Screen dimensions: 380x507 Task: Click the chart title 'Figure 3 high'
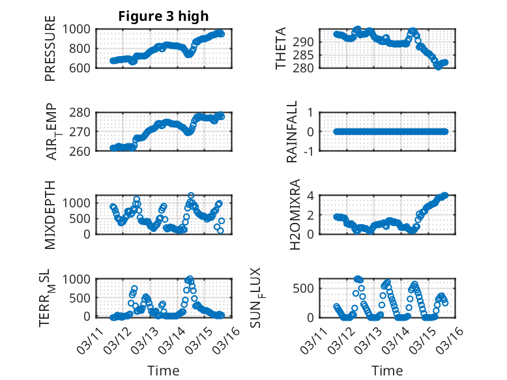coord(163,16)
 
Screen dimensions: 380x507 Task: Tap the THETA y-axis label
coord(281,49)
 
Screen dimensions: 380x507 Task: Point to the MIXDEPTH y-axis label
coord(51,215)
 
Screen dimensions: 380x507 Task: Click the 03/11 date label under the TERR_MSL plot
coord(88,339)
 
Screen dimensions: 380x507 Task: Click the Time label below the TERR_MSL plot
coord(164,370)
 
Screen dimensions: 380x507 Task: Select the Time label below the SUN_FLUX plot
coord(387,370)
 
